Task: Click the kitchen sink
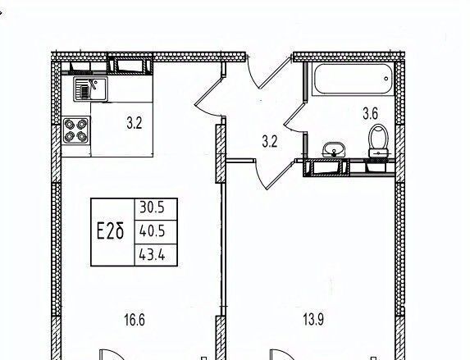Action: click(x=90, y=89)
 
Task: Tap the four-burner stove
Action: click(x=75, y=130)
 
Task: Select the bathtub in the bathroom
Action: click(x=353, y=80)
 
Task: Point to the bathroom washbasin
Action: click(x=334, y=149)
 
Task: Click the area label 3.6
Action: click(x=370, y=114)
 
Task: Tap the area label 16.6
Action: click(x=135, y=320)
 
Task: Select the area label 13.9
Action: click(x=313, y=320)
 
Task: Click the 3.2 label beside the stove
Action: click(x=134, y=123)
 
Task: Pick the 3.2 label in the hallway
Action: click(x=270, y=142)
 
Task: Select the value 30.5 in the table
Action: click(x=152, y=207)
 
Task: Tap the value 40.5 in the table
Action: click(x=152, y=231)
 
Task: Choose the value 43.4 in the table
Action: click(x=152, y=255)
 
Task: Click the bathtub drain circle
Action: click(x=386, y=79)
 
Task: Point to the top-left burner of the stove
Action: click(x=70, y=124)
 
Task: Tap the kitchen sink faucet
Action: click(x=94, y=84)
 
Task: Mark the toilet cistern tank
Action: click(x=379, y=153)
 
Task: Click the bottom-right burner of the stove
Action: click(x=82, y=136)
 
